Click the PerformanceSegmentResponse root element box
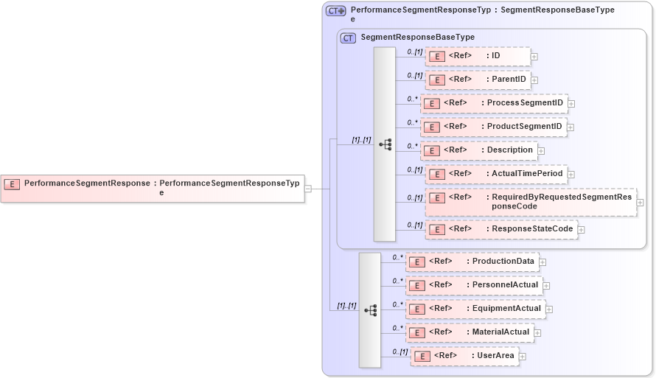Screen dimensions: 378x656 pos(153,188)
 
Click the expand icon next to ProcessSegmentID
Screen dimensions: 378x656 pos(571,104)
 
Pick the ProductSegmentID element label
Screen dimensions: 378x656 pos(524,126)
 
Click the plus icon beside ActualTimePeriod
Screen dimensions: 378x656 pos(571,175)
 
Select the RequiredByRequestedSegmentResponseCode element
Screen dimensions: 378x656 pos(531,202)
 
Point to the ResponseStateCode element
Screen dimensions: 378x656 pos(501,229)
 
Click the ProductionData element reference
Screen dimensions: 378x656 pos(472,261)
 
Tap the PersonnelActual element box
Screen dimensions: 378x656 pos(473,285)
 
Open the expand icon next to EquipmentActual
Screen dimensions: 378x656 pos(549,309)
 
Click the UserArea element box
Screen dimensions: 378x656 pos(464,356)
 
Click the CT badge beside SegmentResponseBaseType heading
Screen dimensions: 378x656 pos(348,38)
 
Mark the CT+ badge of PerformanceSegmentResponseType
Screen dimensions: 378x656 pos(336,11)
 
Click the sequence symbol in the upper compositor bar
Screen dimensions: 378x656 pos(385,144)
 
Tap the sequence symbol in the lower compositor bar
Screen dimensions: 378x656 pos(370,310)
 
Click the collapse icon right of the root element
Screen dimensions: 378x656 pos(308,189)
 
